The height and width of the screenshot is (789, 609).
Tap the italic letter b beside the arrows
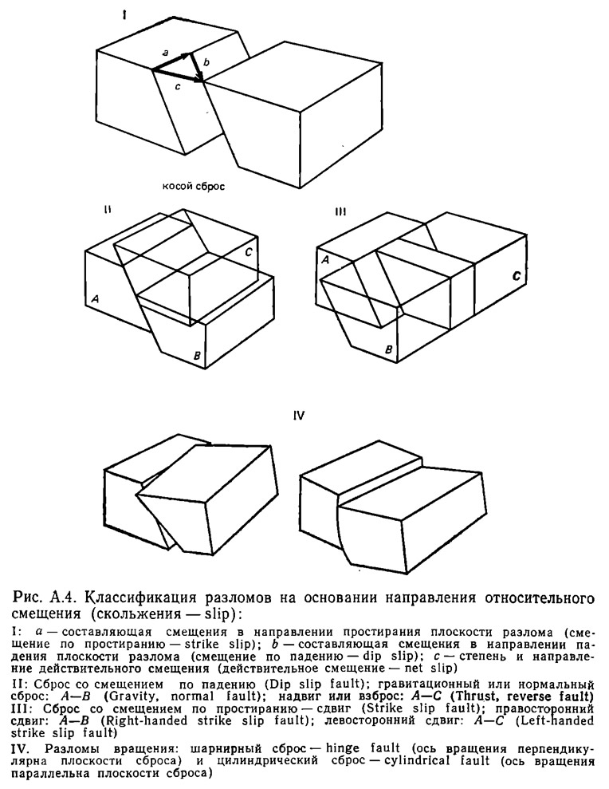click(x=206, y=61)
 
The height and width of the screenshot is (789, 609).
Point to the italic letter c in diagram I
click(x=177, y=89)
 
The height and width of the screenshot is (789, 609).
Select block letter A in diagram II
click(x=95, y=298)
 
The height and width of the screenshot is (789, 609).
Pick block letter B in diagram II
click(x=196, y=354)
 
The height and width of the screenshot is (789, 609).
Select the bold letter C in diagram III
click(x=517, y=276)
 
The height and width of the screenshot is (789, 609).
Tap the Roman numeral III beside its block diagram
click(x=341, y=211)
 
